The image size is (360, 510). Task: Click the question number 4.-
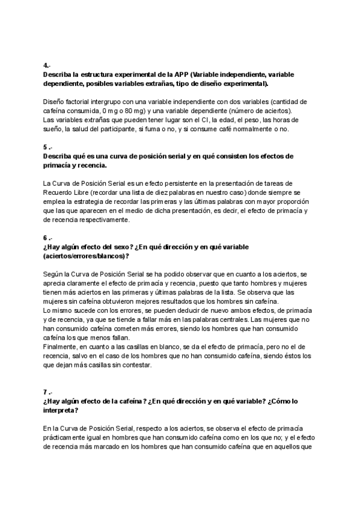(46, 64)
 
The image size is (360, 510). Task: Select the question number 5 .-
(47, 147)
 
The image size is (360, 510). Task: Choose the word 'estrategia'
(90, 202)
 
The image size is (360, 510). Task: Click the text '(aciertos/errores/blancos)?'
(87, 256)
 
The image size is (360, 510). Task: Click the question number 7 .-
(47, 392)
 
